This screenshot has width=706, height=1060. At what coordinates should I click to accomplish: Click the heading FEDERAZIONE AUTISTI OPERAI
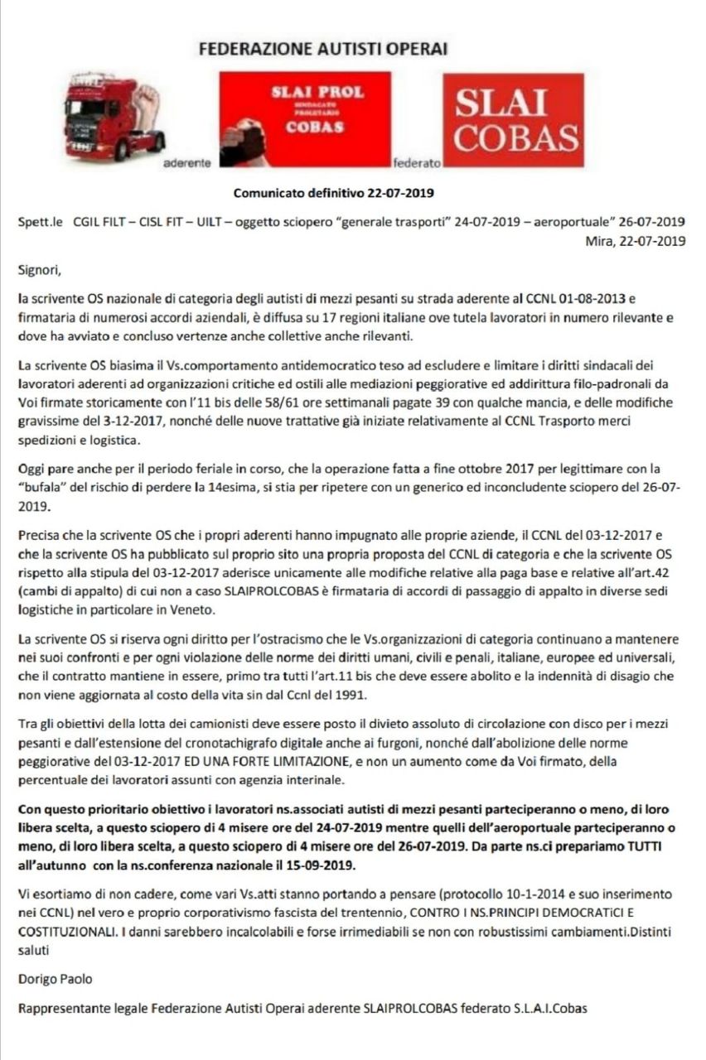coord(323,49)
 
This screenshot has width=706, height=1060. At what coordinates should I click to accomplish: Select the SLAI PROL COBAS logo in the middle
coord(304,119)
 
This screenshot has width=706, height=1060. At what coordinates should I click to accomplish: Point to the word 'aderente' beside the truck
coord(187,163)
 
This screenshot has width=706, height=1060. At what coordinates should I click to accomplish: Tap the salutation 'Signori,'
coord(39,268)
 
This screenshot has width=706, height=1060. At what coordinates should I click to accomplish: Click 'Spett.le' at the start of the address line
coord(40,222)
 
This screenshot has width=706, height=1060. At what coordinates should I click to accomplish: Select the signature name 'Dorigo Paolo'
coord(55,979)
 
